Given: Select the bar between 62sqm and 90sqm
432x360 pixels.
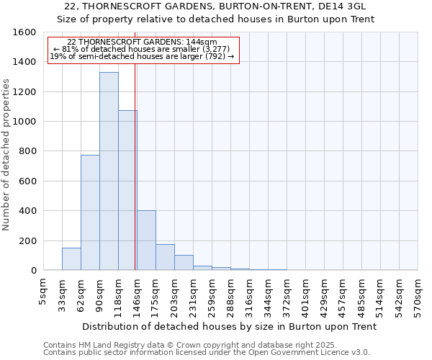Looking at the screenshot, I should [90, 212].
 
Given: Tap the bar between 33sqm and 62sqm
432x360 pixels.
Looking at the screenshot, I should [71, 259].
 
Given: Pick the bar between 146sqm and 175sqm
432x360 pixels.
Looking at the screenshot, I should [146, 240].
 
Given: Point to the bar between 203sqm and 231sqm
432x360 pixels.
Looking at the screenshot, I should [184, 263].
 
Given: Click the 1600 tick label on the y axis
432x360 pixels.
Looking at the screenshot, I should [24, 32].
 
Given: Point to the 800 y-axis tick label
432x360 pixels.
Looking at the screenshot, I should [27, 151].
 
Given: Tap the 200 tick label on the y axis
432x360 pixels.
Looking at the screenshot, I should [27, 240].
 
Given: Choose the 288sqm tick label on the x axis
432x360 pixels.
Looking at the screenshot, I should [230, 294].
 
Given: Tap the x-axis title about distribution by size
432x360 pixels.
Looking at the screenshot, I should [229, 326].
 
